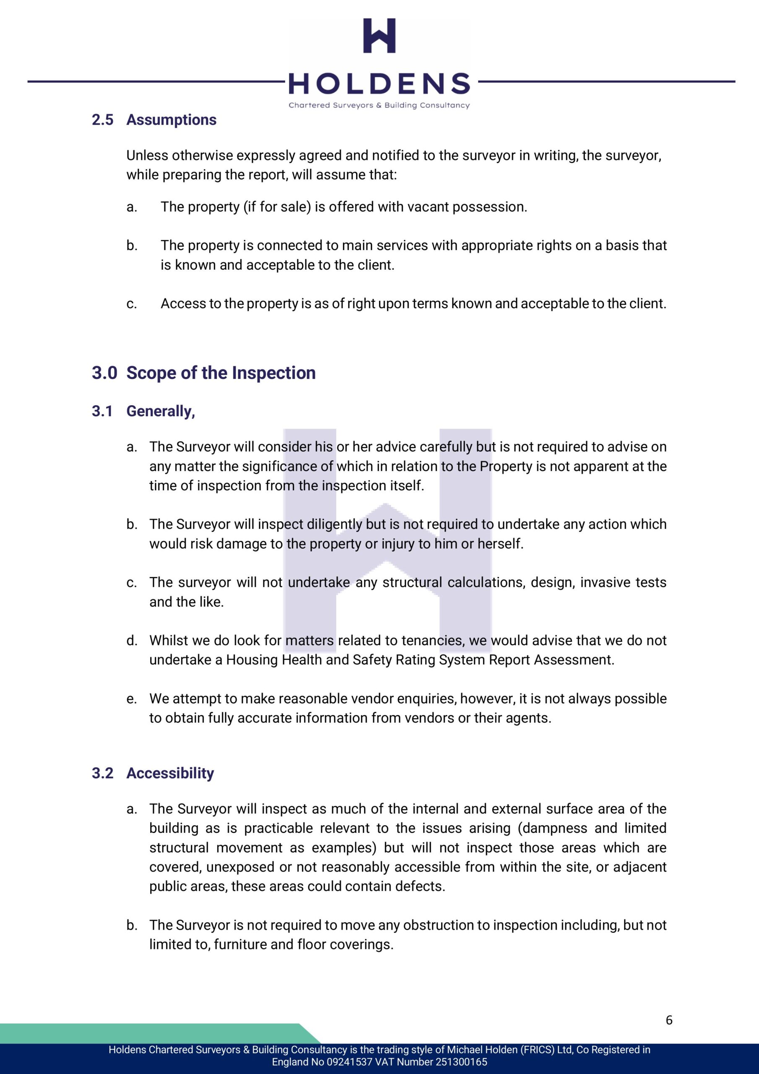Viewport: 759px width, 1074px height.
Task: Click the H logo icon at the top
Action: click(x=379, y=36)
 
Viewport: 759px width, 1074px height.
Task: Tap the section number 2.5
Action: click(x=102, y=120)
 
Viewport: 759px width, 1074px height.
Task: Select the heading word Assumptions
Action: click(x=171, y=120)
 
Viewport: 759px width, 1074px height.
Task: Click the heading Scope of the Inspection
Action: click(x=221, y=373)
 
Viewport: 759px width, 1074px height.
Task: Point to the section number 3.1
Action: click(x=102, y=411)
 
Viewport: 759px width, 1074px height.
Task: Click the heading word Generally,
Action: click(x=161, y=411)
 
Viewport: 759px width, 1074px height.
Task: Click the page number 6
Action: click(x=669, y=1020)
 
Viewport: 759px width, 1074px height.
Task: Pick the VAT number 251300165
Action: click(x=461, y=1062)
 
